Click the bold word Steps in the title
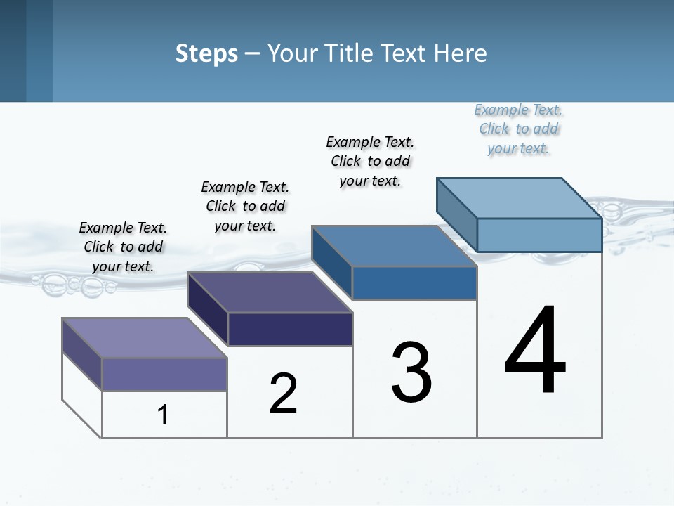click(206, 53)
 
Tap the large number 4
click(535, 351)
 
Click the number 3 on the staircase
click(411, 372)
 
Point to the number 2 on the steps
click(283, 394)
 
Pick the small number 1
click(163, 415)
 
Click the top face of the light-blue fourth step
click(520, 197)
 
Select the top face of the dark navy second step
click(270, 292)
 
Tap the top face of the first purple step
click(145, 337)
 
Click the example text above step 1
click(123, 247)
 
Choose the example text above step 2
click(245, 206)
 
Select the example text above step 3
click(370, 161)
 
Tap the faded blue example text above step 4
click(518, 129)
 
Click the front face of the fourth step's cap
click(539, 235)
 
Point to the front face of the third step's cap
click(414, 283)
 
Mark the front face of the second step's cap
click(290, 329)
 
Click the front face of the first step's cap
click(164, 374)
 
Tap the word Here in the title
click(461, 53)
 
